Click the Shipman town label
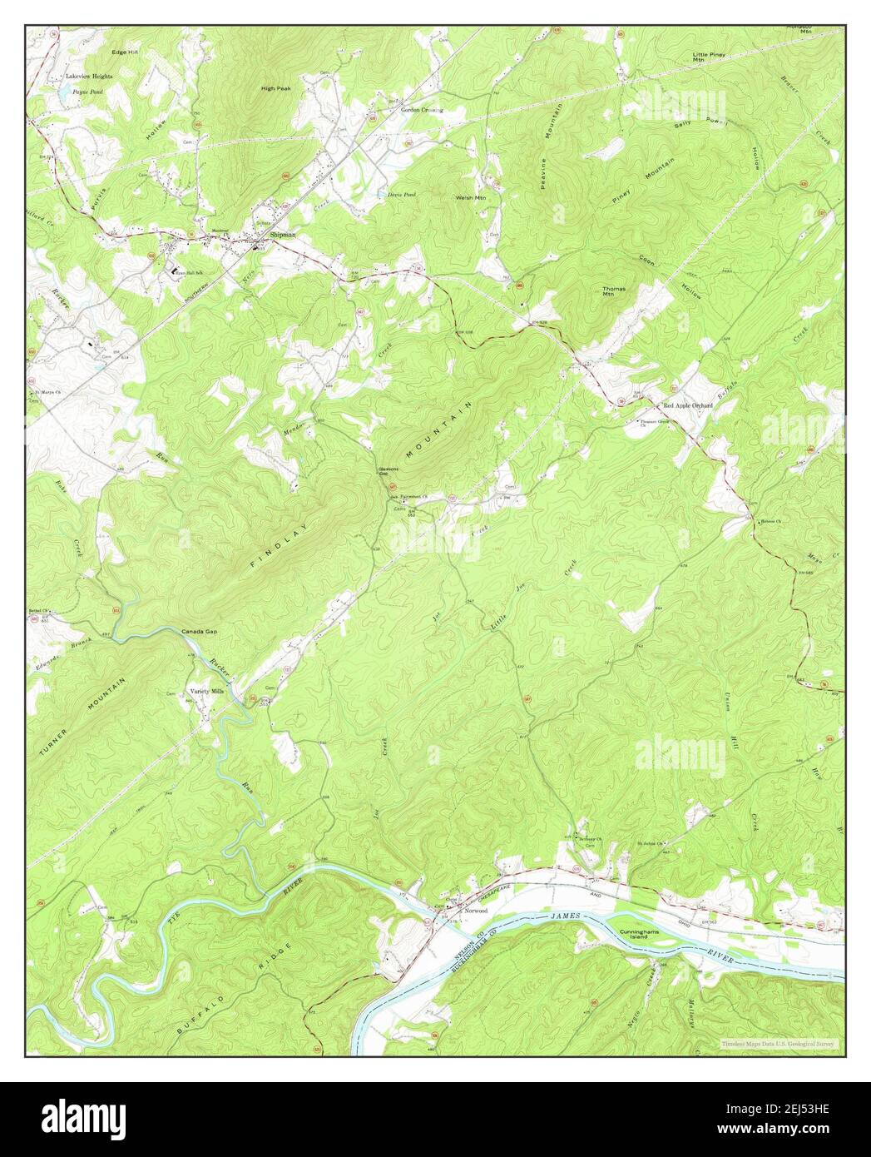(x=282, y=236)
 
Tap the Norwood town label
(x=476, y=911)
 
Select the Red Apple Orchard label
(x=688, y=405)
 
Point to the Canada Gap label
(x=200, y=633)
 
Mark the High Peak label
(x=275, y=88)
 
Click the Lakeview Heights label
(x=90, y=76)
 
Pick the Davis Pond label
(x=401, y=194)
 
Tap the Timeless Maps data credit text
(x=779, y=1042)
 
